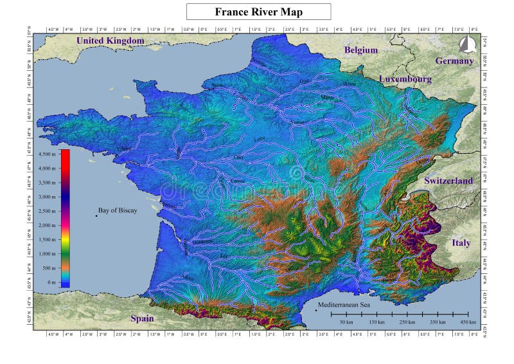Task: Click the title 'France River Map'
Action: [x=258, y=12]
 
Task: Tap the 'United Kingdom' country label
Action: [x=111, y=41]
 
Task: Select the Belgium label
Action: [x=361, y=50]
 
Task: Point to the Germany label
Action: [x=454, y=60]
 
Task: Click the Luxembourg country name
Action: [x=405, y=78]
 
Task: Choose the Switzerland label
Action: [x=448, y=181]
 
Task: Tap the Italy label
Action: [x=461, y=242]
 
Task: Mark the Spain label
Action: [x=142, y=318]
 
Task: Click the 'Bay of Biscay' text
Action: [x=118, y=210]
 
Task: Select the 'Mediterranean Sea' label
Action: [x=347, y=305]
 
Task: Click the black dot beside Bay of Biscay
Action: [x=96, y=215]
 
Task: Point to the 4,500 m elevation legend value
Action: [x=48, y=154]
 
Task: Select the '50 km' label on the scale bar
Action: [x=346, y=322]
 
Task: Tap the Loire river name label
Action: [x=260, y=138]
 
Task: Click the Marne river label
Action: [x=328, y=98]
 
